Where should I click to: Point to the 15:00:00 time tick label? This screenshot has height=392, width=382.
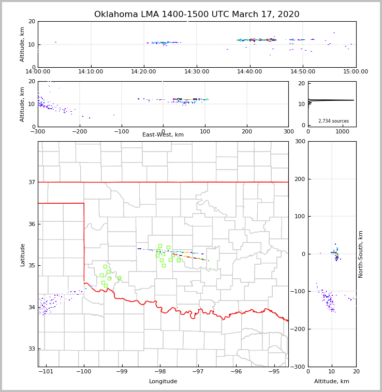point(356,71)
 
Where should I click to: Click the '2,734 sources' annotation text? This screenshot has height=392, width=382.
point(333,121)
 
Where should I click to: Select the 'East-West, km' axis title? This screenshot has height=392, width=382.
point(163,135)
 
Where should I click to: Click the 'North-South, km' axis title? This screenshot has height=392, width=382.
point(361,254)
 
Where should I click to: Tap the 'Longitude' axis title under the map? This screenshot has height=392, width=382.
point(163,382)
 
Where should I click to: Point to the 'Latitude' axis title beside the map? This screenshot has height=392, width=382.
point(22,254)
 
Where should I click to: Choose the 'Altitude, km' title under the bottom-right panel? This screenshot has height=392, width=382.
point(332,382)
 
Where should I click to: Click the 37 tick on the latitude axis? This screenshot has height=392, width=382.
point(32,182)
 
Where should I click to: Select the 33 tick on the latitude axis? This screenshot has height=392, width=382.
point(32,349)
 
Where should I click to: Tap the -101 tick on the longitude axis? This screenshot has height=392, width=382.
point(46,371)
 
